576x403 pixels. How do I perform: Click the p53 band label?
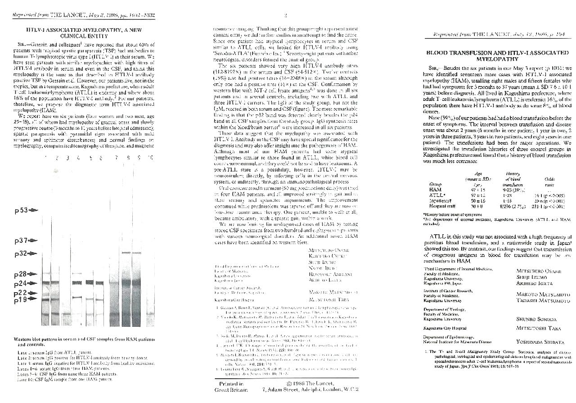point(21,210)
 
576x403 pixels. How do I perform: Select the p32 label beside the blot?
point(21,254)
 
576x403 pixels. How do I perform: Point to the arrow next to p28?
point(34,274)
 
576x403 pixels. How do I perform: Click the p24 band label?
point(21,284)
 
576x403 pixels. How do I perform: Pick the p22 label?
point(21,293)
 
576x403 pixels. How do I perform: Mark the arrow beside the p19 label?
point(34,299)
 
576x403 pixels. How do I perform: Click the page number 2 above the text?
point(285,16)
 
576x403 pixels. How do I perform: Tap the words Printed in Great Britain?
point(229,387)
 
